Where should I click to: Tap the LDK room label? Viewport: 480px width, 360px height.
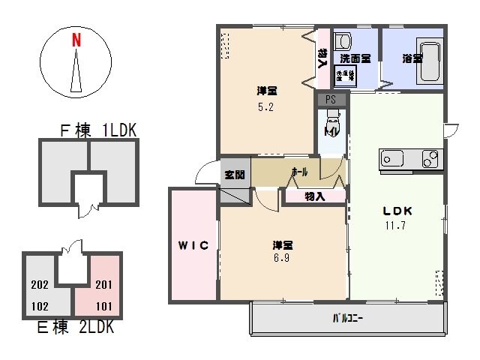[x=398, y=210]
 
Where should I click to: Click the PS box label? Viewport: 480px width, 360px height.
[x=331, y=99]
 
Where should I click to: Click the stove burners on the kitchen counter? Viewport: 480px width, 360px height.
[x=430, y=159]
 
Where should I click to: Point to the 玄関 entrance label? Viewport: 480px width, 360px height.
[x=234, y=175]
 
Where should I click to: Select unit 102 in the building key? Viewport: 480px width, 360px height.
[x=40, y=306]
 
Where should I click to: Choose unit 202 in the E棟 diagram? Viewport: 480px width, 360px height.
[x=40, y=284]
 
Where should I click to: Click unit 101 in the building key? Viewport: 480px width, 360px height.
[x=104, y=305]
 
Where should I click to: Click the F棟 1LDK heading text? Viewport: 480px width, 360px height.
[x=98, y=130]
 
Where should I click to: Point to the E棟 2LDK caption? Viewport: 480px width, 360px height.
[x=74, y=328]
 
